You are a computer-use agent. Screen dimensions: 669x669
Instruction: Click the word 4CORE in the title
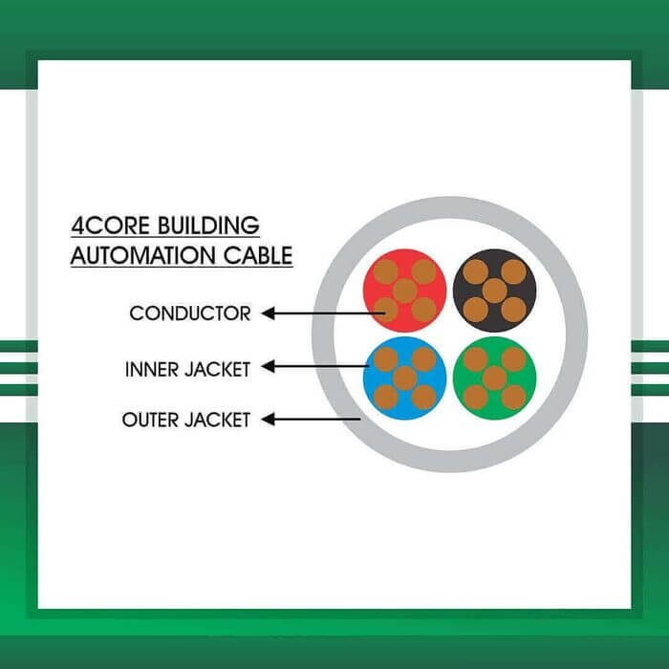[111, 226]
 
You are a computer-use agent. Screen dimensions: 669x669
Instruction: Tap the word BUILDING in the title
[208, 226]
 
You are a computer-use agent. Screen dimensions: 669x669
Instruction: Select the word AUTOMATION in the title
[143, 255]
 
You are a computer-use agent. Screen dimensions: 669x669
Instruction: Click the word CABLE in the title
[258, 255]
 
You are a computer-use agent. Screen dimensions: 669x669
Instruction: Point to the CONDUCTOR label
[190, 313]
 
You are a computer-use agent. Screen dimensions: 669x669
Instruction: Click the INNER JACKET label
[187, 370]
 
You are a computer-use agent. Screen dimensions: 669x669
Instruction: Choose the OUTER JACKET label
[186, 420]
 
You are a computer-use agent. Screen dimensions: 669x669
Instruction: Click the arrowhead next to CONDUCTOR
[268, 313]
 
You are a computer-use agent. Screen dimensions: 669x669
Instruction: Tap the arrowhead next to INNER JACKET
[268, 366]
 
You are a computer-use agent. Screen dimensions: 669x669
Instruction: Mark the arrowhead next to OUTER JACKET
[268, 419]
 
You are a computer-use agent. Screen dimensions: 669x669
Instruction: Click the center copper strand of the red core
[405, 291]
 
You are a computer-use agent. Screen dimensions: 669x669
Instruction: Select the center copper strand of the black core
[494, 291]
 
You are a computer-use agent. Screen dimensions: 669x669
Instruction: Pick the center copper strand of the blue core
[405, 378]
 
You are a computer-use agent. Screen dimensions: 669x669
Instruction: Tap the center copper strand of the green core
[494, 378]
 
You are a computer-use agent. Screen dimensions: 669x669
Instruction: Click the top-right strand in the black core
[514, 271]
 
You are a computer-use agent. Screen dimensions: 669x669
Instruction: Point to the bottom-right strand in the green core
[514, 398]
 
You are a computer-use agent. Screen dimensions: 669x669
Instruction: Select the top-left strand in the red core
[386, 271]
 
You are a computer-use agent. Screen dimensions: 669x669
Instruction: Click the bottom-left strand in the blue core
[386, 398]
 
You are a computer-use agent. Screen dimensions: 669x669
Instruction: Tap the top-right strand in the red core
[424, 271]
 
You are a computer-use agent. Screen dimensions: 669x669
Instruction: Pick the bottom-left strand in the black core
[475, 310]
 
